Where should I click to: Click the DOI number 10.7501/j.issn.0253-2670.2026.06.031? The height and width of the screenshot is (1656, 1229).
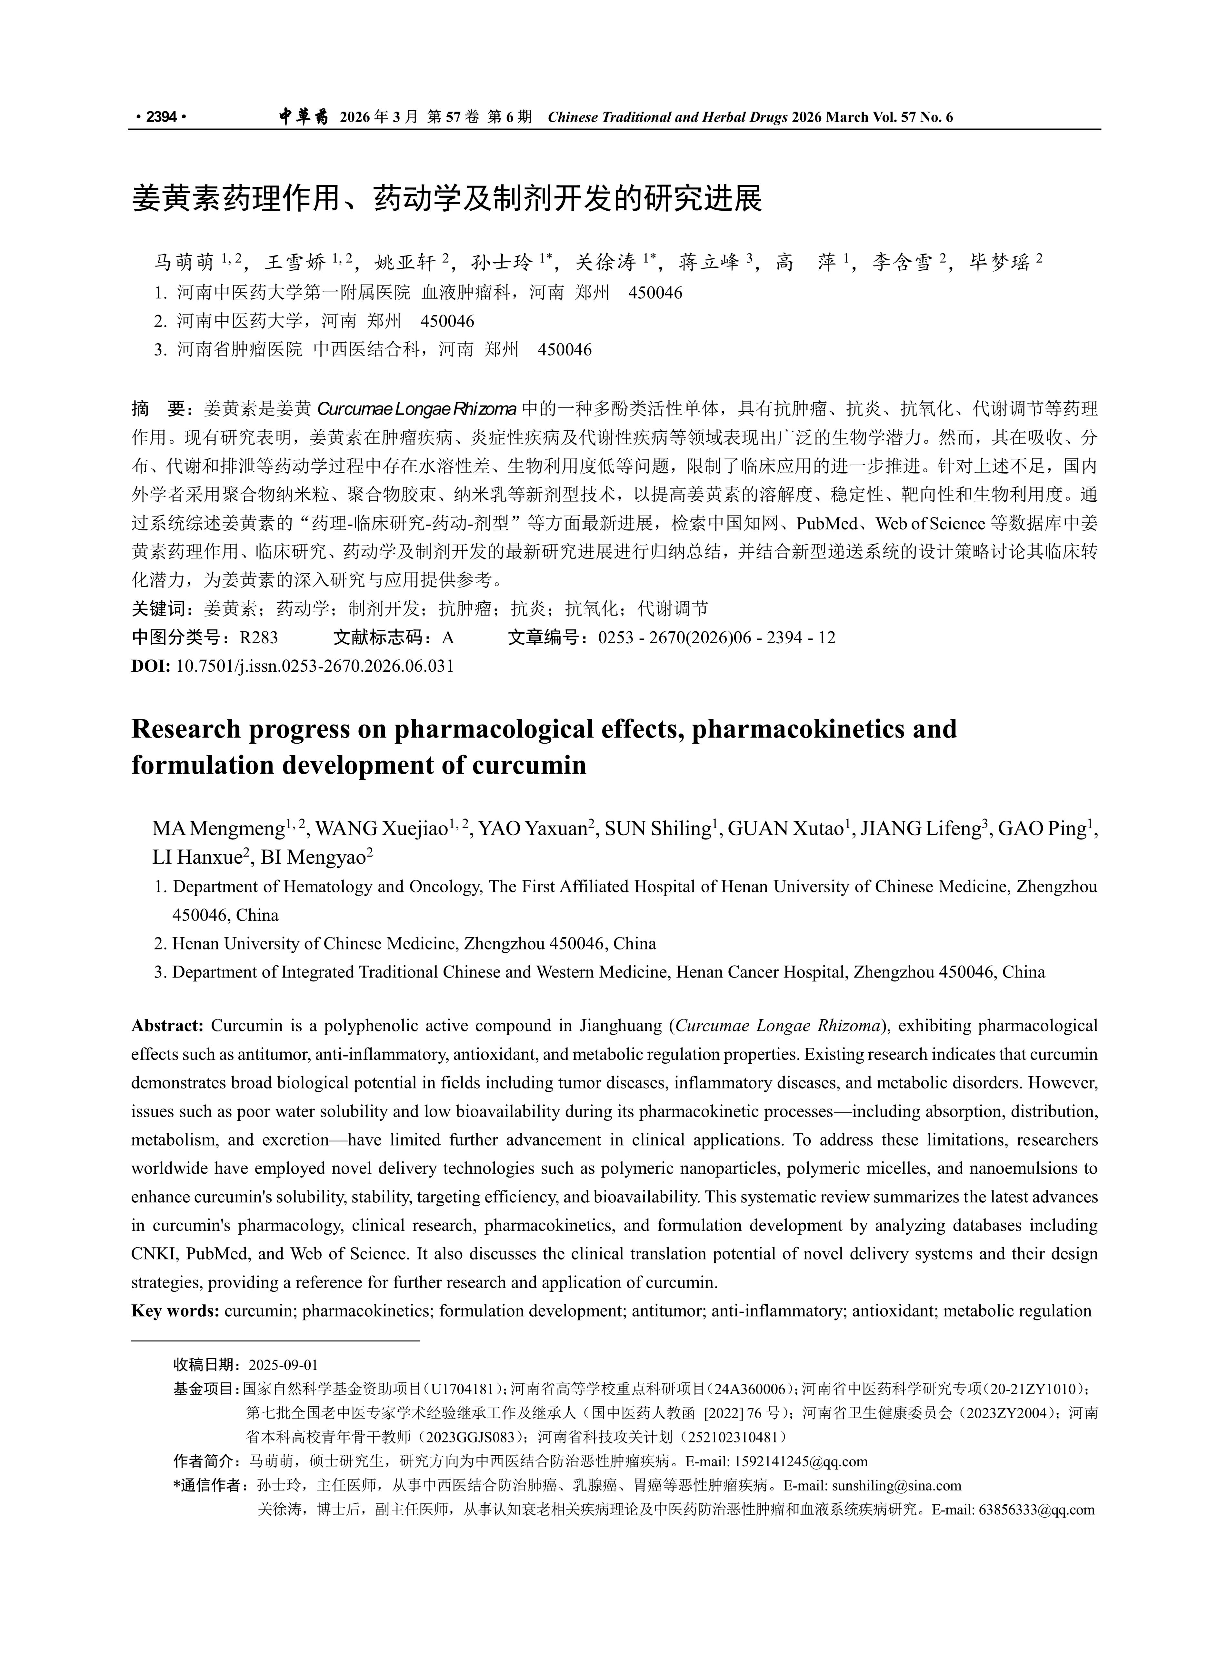[x=315, y=666]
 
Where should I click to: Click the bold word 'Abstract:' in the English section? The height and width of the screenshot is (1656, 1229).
[x=167, y=1026]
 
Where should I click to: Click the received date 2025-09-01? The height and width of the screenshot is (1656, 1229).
[x=283, y=1365]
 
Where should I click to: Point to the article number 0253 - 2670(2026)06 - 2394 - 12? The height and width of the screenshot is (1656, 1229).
[x=716, y=637]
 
